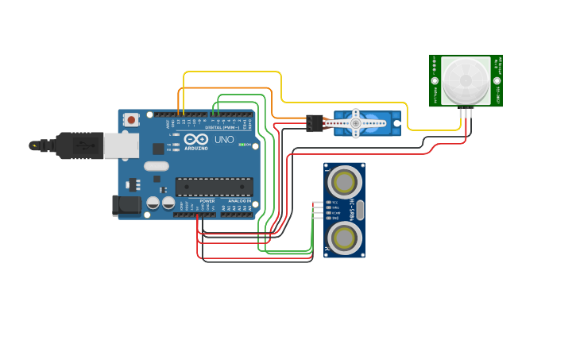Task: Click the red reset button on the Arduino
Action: [x=130, y=120]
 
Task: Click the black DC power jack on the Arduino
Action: [x=126, y=205]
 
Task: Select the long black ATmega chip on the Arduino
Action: [x=214, y=187]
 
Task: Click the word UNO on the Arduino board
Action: [x=224, y=140]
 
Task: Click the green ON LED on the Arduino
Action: [x=241, y=145]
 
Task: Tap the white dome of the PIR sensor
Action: [x=466, y=80]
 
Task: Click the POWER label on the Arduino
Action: [x=207, y=202]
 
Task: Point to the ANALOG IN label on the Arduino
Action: [x=239, y=202]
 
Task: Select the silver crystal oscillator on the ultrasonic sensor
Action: [x=360, y=210]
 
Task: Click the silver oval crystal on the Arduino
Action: [x=157, y=166]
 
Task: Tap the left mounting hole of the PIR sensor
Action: [x=435, y=81]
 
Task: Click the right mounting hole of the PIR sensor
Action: [x=497, y=81]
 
